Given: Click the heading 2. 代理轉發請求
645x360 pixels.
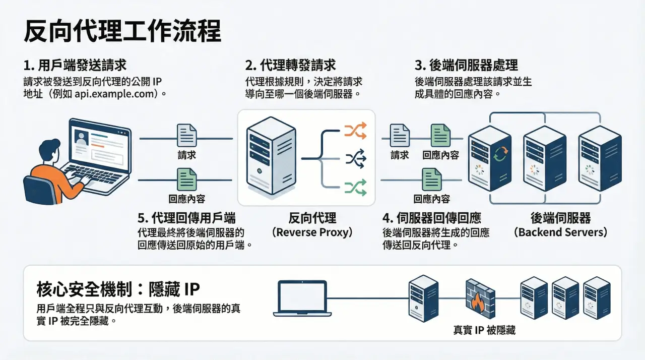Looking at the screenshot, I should [291, 66].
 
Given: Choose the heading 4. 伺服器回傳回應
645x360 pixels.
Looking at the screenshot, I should [431, 218].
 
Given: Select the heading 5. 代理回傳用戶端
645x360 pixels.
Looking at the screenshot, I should [186, 218].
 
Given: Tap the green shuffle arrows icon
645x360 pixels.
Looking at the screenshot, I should [355, 188].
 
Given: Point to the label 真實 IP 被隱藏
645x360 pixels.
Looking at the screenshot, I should [484, 330].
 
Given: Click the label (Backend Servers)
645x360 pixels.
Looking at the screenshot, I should [560, 232].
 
